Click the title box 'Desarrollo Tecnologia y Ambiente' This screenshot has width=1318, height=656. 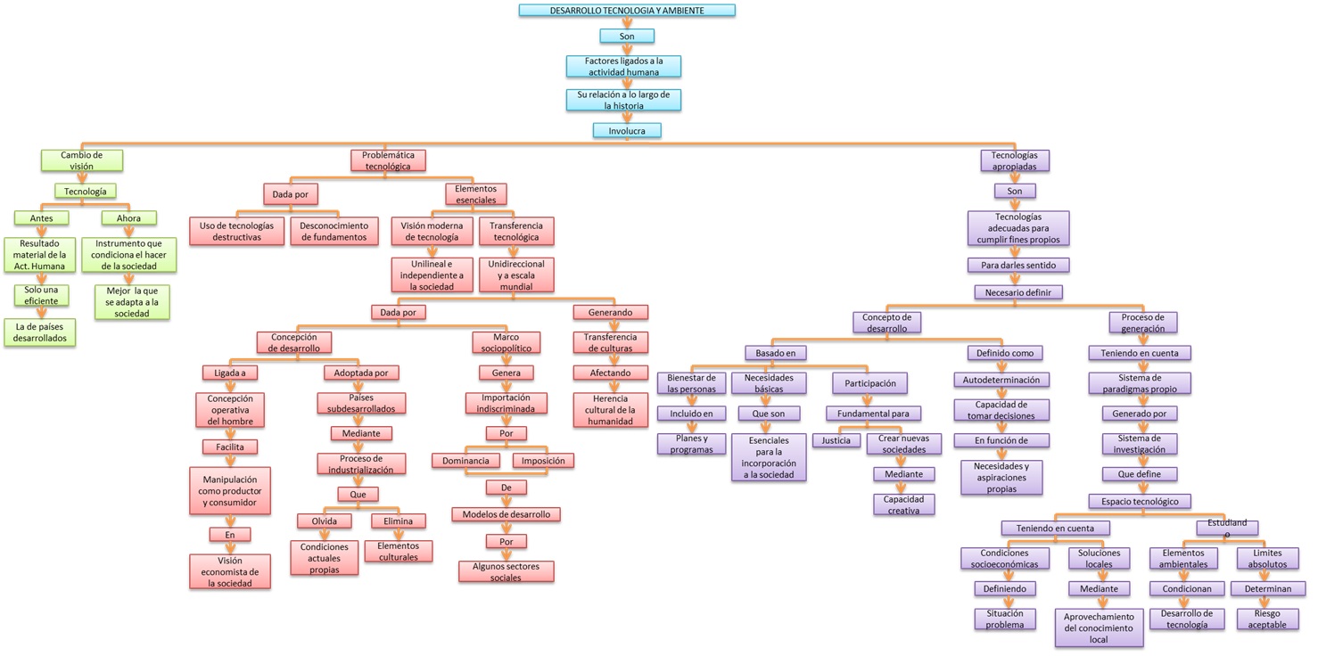point(627,11)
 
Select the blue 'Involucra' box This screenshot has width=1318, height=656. point(627,131)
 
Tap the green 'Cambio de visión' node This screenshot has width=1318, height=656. point(82,160)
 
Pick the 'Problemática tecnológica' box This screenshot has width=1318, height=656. point(388,160)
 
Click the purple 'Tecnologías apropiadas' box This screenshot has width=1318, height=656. point(1015,160)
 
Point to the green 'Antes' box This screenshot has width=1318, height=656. point(41,218)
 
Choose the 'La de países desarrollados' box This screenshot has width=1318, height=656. point(40,332)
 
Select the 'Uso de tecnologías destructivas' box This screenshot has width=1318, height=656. point(236,231)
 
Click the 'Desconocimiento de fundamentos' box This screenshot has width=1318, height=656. point(334,231)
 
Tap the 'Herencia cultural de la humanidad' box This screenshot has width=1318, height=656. point(610,410)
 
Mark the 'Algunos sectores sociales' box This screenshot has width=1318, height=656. point(506,572)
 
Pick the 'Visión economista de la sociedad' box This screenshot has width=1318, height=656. point(230,572)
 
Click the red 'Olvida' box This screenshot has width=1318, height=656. point(325,521)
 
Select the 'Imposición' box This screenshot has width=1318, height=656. point(542,461)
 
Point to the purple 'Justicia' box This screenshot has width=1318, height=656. point(836,440)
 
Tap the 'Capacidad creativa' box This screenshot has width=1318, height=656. point(903,504)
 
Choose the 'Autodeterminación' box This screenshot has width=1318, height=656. point(1001,380)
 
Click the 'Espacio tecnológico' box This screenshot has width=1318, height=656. point(1140,501)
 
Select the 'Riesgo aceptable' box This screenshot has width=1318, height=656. point(1267,619)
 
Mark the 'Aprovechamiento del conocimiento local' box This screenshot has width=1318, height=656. point(1099,627)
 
